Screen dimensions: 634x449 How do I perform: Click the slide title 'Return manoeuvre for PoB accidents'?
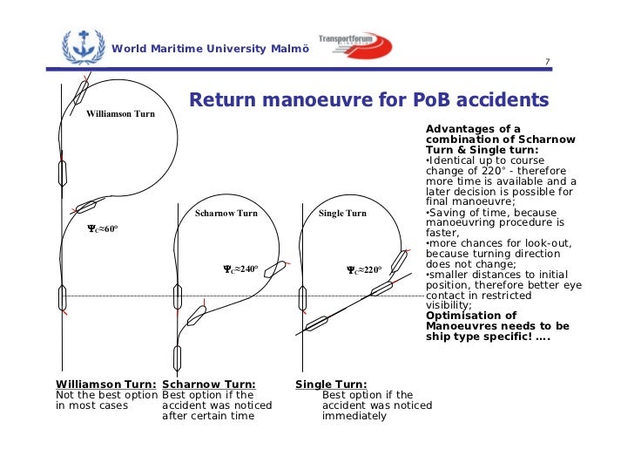tap(368, 99)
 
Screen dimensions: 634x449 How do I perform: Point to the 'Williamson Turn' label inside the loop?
tap(120, 114)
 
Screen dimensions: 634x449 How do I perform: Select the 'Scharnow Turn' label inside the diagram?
tap(226, 214)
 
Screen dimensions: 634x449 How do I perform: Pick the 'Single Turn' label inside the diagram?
tap(342, 214)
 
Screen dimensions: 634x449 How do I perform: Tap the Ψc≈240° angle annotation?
tap(238, 269)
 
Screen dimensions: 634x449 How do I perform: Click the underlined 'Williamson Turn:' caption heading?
tap(106, 384)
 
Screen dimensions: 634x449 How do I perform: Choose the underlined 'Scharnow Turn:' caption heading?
tap(209, 384)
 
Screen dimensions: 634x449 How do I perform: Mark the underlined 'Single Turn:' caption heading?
tap(331, 384)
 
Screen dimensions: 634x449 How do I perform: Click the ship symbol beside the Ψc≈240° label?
tap(275, 269)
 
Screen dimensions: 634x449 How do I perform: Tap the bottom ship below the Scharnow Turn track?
tap(178, 357)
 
